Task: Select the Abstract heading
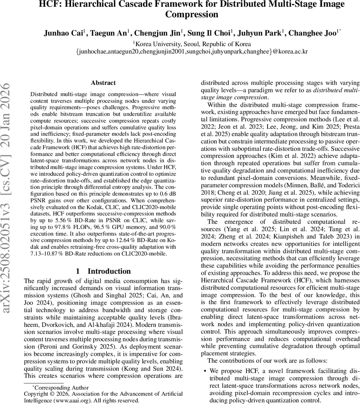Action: pyautogui.click(x=103, y=83)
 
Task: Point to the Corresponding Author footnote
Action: pyautogui.click(x=60, y=388)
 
